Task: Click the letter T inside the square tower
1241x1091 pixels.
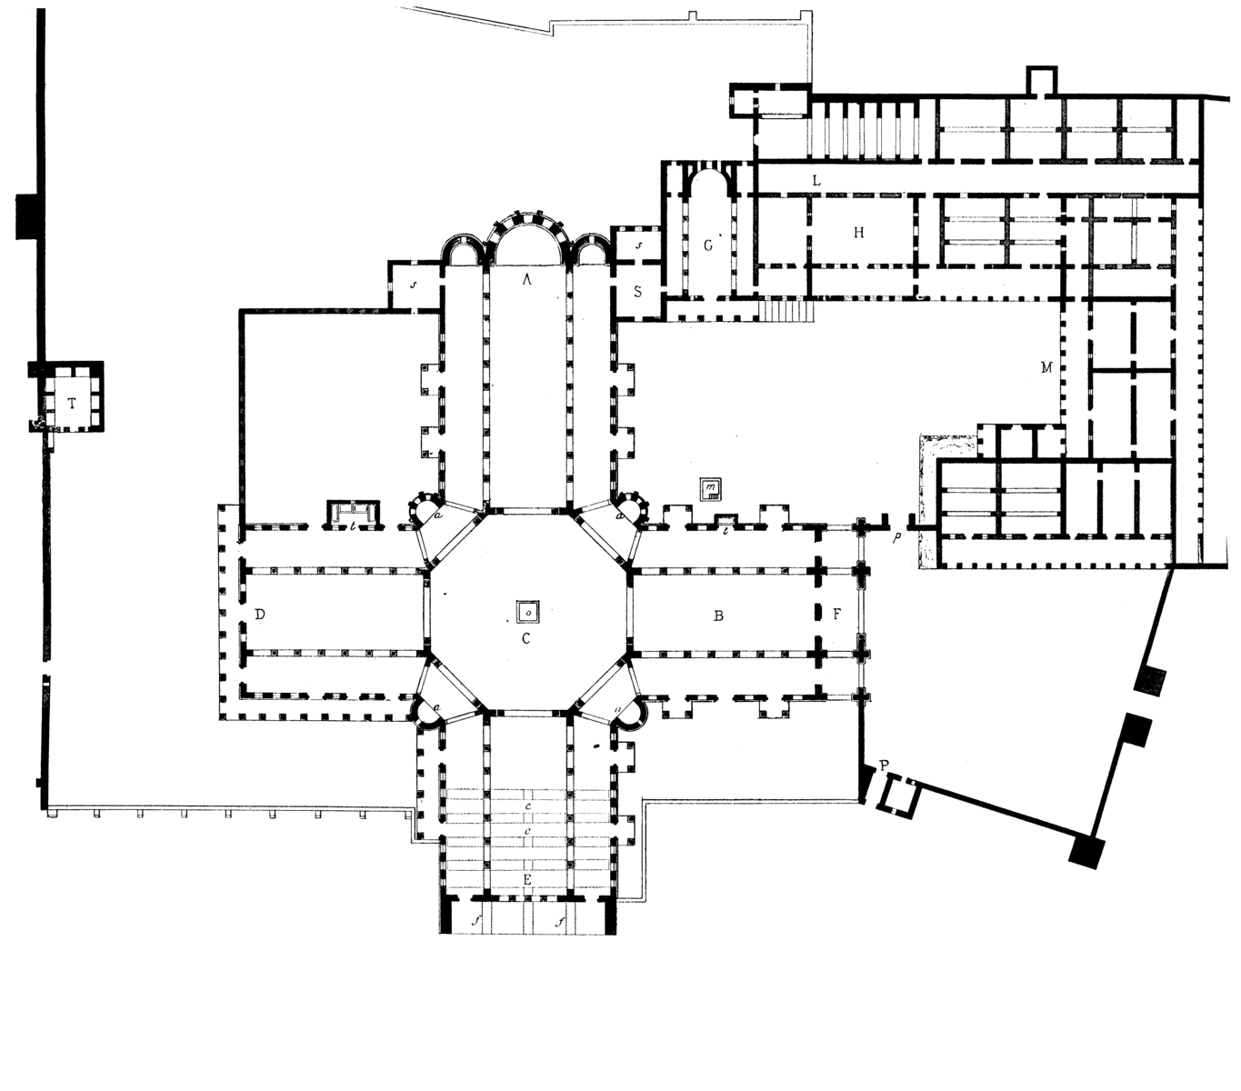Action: tap(73, 404)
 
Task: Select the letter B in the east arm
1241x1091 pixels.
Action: tap(718, 616)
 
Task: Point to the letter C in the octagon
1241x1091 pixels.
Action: tap(526, 638)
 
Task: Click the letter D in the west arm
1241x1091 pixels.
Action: tap(260, 615)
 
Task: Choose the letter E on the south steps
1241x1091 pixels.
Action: tap(527, 879)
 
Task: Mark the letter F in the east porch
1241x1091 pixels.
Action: tap(837, 615)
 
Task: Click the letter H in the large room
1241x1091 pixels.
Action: tap(858, 233)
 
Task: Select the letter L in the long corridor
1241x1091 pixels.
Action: tap(816, 180)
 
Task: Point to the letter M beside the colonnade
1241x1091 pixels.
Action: tap(1046, 367)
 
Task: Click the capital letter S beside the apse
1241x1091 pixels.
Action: tap(638, 291)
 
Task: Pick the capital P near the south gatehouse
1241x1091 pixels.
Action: tap(885, 765)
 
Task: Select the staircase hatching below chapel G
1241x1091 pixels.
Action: tap(787, 310)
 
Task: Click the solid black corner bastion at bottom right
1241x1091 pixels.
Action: tap(1087, 851)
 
